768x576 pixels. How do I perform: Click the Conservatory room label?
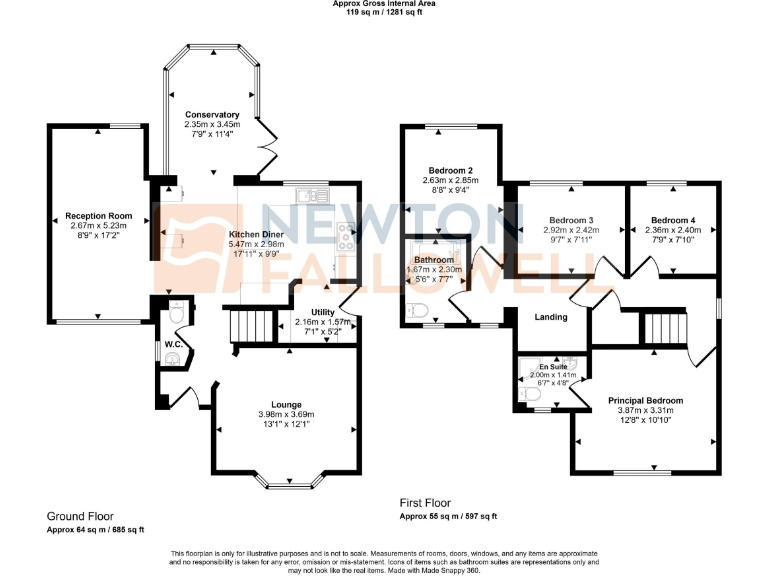(x=211, y=115)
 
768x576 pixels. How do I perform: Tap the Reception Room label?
(x=99, y=216)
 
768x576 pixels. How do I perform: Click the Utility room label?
(x=322, y=312)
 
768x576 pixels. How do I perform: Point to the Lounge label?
(x=286, y=405)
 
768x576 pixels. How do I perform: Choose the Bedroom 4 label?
(x=672, y=220)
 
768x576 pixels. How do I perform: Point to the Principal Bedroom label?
(x=647, y=400)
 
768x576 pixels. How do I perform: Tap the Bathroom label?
(x=435, y=260)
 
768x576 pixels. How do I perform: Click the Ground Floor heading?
(x=80, y=516)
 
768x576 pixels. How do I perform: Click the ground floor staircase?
(x=246, y=326)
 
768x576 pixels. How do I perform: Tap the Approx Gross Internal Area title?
(x=384, y=5)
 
